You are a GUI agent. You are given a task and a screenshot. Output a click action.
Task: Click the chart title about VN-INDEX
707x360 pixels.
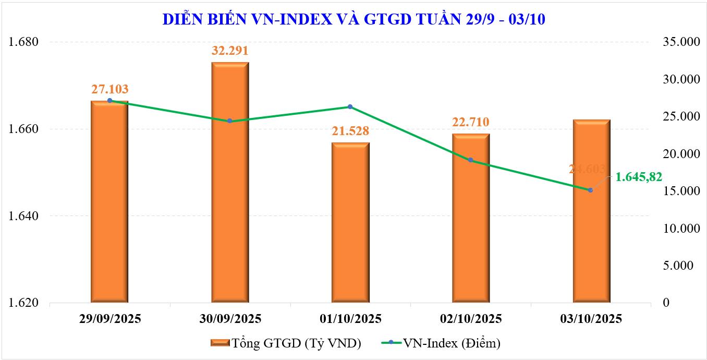click(354, 19)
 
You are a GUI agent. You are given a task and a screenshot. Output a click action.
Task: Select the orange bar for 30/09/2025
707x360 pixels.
click(229, 183)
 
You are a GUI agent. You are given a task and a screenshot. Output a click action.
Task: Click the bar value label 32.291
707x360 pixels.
click(229, 51)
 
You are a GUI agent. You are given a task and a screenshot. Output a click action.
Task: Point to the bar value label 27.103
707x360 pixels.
click(109, 89)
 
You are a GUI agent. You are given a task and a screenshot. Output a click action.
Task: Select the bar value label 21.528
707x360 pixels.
click(350, 131)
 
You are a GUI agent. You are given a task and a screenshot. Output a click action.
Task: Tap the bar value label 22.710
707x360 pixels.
click(470, 123)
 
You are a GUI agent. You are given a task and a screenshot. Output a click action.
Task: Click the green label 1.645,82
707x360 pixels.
click(639, 177)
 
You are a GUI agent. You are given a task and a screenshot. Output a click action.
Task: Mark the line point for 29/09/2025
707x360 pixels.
click(109, 100)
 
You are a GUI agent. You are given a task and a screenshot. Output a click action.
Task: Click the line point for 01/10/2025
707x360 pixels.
click(350, 107)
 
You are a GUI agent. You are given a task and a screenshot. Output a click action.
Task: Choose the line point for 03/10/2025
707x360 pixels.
click(590, 190)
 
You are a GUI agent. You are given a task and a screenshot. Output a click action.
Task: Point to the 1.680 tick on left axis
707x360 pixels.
click(25, 42)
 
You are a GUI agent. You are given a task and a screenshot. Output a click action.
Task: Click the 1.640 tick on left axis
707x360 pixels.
click(25, 216)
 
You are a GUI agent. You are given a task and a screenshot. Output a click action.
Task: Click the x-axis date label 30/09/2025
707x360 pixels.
click(229, 318)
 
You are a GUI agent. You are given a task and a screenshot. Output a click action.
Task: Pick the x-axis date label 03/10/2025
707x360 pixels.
click(590, 318)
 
